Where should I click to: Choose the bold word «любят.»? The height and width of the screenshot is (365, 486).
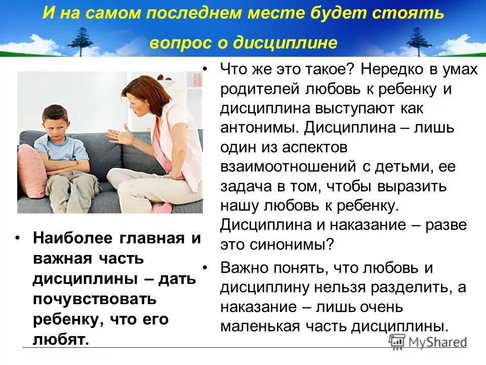(61, 340)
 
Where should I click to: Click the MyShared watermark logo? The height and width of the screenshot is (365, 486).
(427, 341)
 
